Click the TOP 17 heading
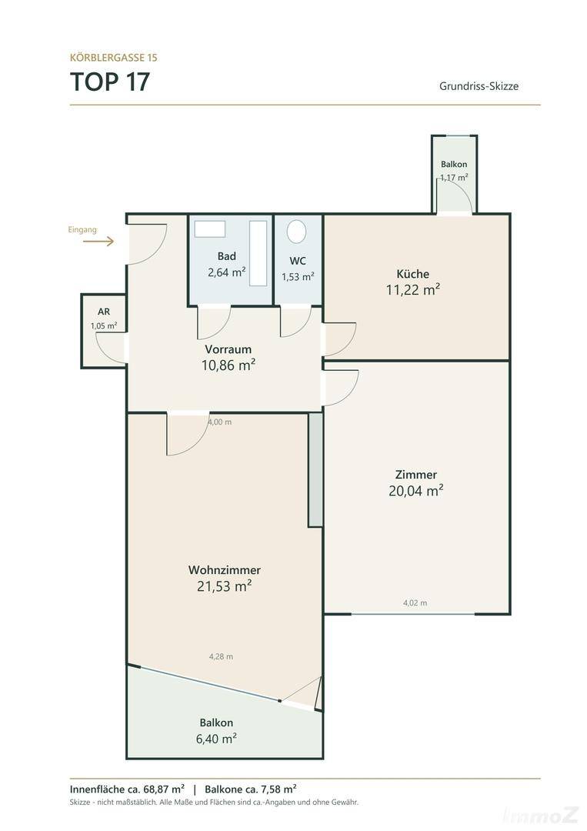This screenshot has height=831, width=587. coord(110,82)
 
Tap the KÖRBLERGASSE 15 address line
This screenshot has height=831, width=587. coord(113,57)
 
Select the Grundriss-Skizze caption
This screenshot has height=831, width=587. coord(479,86)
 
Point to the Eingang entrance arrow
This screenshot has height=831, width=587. coord(98,242)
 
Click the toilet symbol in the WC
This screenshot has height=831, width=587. coord(297,232)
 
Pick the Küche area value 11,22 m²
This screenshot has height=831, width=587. coord(413,289)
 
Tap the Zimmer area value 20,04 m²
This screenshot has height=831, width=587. coord(416,490)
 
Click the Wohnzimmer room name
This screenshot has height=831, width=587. coord(225,570)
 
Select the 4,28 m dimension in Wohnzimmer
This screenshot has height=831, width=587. coord(221,656)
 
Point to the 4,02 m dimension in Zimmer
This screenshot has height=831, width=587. coord(415,602)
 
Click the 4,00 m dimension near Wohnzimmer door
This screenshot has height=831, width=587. coord(220,422)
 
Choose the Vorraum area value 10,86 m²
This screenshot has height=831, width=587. coord(228,365)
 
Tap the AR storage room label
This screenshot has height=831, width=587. coord(104,312)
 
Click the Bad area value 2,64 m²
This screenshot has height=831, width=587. coord(227,272)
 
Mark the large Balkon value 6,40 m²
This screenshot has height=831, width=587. coord(216,738)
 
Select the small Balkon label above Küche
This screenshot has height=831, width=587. coord(454,165)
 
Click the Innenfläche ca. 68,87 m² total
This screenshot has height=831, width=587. coord(127,789)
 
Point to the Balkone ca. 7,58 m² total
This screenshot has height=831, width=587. coord(251,789)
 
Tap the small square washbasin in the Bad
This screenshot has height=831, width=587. coord(210,229)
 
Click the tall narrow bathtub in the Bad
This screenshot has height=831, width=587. coord(258,253)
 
